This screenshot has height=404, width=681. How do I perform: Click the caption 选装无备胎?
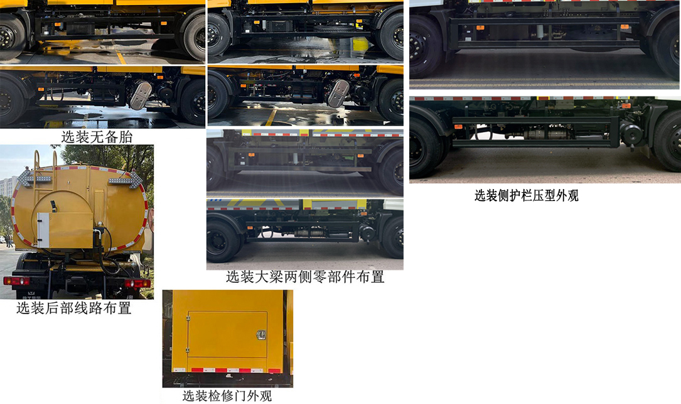[97, 136]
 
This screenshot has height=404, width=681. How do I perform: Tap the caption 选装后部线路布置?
[73, 308]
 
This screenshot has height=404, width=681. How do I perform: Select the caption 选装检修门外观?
[227, 396]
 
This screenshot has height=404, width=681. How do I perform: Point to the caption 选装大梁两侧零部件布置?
[305, 277]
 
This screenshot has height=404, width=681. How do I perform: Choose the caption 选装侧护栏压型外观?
[526, 195]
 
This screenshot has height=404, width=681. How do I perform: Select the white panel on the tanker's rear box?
[43, 230]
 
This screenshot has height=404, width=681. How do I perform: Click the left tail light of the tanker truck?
[16, 280]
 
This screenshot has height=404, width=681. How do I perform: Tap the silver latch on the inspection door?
[260, 336]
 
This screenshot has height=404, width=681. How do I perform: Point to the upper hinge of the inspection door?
[187, 321]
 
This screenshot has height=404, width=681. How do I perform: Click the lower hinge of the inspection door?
[187, 347]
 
